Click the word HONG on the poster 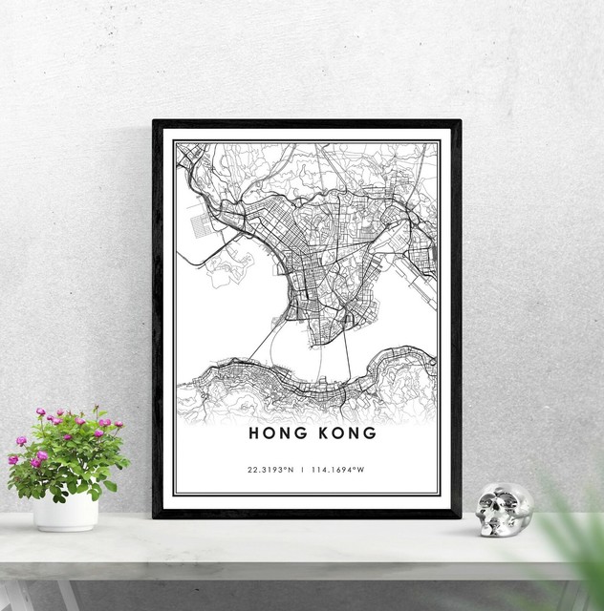point(275,432)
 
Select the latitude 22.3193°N point(269,470)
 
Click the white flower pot point(66,512)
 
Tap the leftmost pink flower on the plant point(13,459)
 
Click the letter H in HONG point(254,432)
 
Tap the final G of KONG point(370,432)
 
